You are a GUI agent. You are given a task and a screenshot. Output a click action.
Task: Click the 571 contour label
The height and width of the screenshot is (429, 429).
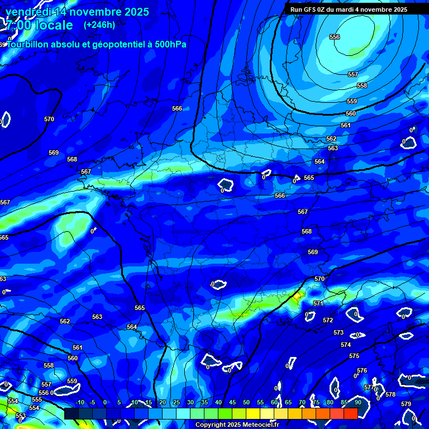[x=318, y=303]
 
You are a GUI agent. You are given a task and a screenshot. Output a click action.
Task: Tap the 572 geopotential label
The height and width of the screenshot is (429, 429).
[x=328, y=320]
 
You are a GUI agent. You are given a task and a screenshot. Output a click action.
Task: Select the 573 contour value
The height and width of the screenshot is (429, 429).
[x=339, y=332]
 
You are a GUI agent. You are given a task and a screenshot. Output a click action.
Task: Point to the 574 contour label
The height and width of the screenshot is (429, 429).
[x=346, y=345]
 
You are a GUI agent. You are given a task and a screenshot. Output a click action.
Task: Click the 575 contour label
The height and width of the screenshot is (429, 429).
[x=354, y=356]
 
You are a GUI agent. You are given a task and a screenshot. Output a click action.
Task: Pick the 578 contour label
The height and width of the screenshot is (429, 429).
[x=390, y=394]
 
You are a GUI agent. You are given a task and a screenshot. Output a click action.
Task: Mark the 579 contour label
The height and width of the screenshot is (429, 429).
[x=406, y=404]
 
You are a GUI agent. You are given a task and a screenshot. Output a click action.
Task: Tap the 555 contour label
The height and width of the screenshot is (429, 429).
[x=37, y=399]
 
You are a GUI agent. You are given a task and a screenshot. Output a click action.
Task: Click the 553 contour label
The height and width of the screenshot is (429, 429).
[x=21, y=416]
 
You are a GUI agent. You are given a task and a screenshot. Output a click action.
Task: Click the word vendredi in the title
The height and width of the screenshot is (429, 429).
[x=30, y=12]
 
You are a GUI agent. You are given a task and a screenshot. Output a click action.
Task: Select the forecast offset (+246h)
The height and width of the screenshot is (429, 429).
[x=99, y=25]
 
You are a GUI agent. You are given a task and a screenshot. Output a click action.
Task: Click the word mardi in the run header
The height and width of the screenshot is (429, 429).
[x=345, y=9]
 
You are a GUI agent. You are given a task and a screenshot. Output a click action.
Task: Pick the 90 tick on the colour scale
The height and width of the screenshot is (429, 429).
[x=357, y=403]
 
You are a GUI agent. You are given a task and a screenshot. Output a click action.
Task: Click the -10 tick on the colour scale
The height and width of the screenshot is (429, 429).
[x=79, y=403]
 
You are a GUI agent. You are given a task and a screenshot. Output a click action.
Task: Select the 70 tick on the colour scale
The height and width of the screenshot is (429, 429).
[x=302, y=403]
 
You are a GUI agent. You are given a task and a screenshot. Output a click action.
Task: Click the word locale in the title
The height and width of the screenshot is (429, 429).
[x=52, y=25]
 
